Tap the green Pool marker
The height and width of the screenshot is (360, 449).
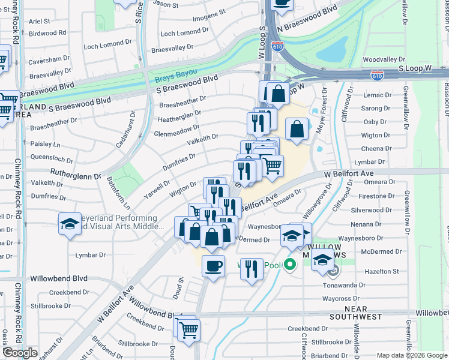(x=290, y=264)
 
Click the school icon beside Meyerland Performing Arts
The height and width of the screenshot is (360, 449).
(x=70, y=224)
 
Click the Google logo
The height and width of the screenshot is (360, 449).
(x=20, y=353)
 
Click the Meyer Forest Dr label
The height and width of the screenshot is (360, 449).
(x=324, y=106)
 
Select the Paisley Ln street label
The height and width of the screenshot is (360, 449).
(x=45, y=144)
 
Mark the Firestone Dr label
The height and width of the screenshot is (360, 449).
(x=372, y=196)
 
